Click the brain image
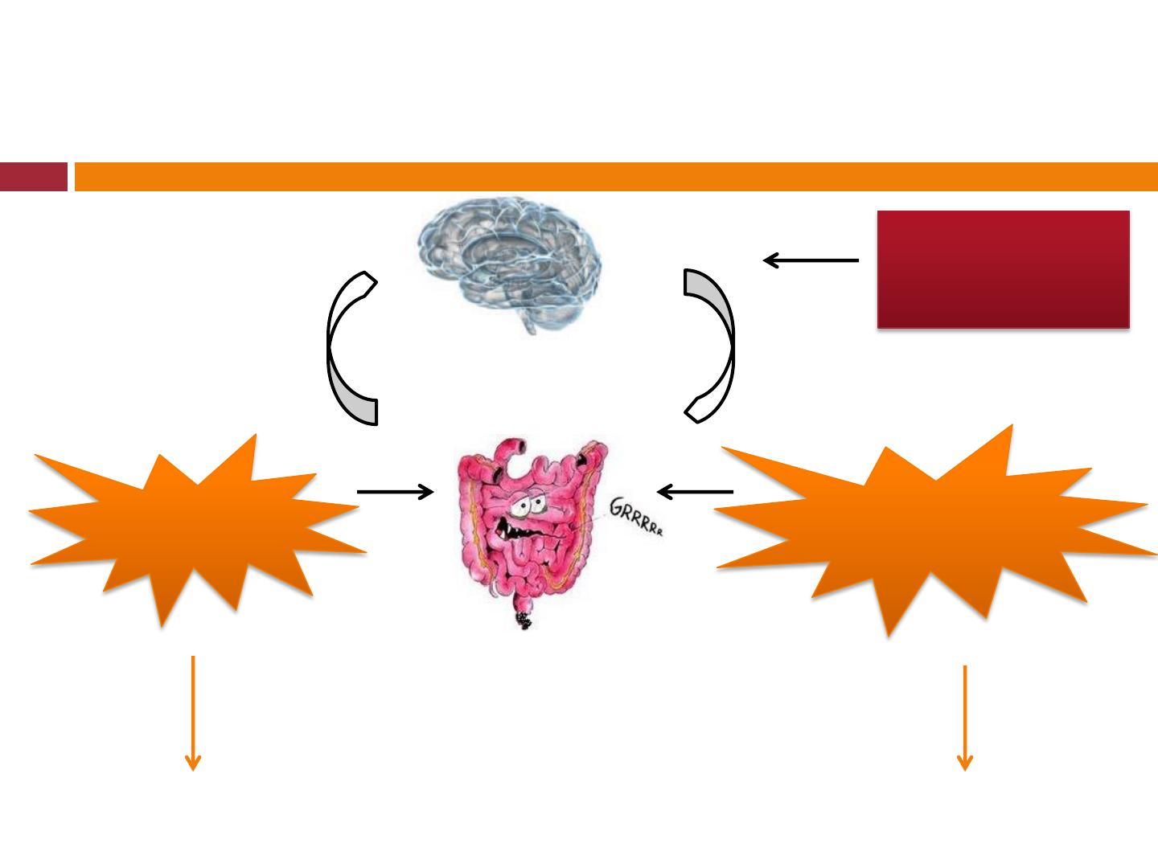[x=509, y=257]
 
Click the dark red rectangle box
[x=1003, y=269]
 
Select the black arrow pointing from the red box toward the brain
[x=811, y=260]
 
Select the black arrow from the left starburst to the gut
[x=394, y=492]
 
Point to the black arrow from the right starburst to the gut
[x=696, y=490]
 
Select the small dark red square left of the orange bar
[x=33, y=177]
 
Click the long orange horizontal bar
[x=616, y=177]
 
